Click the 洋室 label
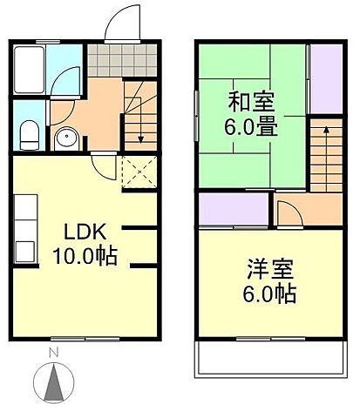pyautogui.click(x=265, y=267)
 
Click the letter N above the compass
pyautogui.click(x=53, y=353)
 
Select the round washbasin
pyautogui.click(x=65, y=138)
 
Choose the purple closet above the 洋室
pyautogui.click(x=232, y=210)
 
